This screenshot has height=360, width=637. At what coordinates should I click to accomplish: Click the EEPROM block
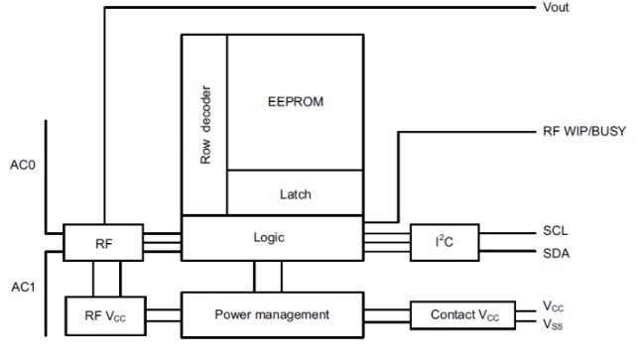coord(296,101)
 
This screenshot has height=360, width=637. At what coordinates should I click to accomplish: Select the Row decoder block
coord(204,124)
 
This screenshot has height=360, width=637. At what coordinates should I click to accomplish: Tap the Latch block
coord(296,193)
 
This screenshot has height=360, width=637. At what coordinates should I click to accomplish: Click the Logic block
coord(271,238)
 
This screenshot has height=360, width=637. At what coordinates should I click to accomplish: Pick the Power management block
coord(271,314)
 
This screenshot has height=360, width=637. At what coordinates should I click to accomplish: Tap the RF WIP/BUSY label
coord(583,131)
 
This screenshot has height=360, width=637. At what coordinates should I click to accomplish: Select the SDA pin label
coord(557,252)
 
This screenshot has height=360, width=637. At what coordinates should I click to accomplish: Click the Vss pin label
coord(554,323)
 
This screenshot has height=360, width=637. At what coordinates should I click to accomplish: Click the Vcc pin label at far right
coord(554,306)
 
